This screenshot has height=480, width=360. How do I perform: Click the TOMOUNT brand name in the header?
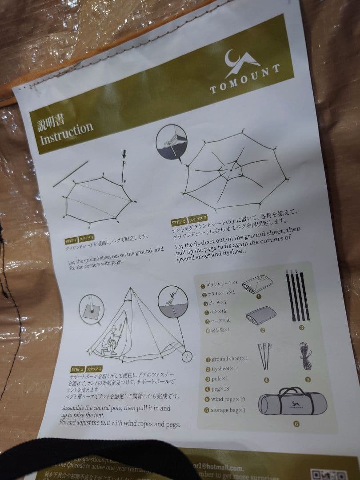coord(245,79)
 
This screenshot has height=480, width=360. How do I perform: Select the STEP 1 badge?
coord(71,240)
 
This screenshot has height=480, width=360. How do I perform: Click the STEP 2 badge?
coord(179,221)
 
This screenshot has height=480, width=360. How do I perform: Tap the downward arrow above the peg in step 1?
coord(124,155)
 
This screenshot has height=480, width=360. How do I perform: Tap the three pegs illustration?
coord(265,356)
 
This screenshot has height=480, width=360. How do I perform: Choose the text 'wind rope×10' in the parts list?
coord(228,400)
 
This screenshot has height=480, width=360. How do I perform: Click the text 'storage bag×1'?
coord(228,410)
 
